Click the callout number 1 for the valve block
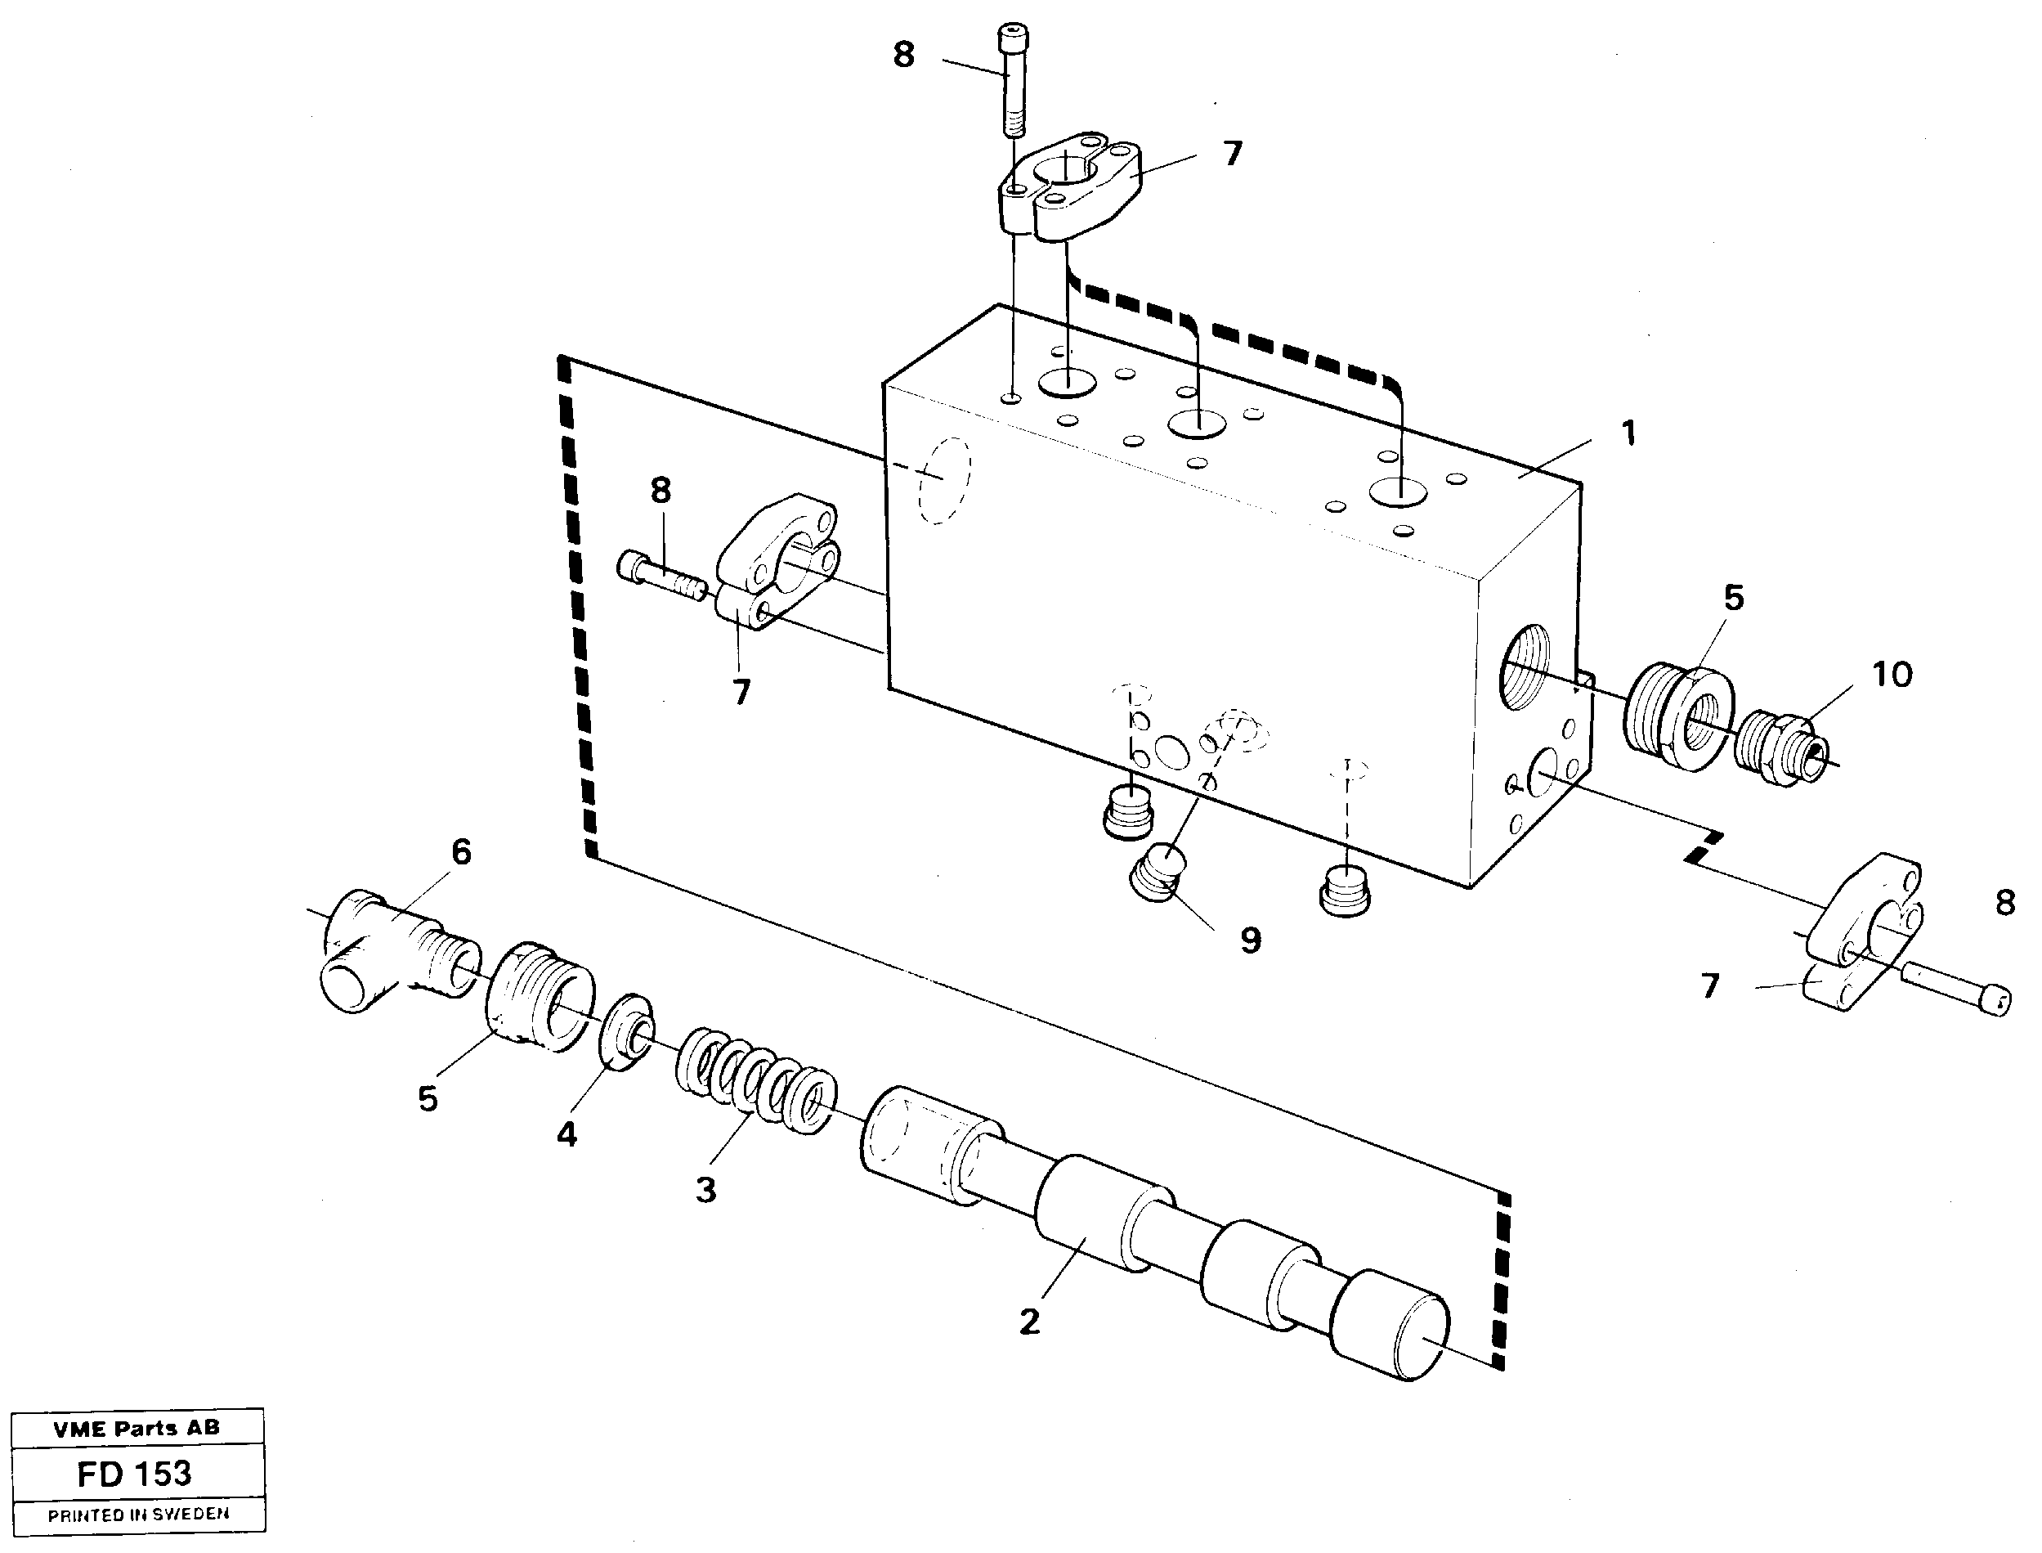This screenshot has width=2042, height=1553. [1629, 433]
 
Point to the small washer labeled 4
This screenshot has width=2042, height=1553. [629, 1033]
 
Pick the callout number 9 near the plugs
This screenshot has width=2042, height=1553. [1250, 941]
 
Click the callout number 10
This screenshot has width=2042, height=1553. [1892, 675]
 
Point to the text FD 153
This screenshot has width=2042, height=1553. [135, 1474]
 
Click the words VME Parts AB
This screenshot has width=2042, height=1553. [137, 1428]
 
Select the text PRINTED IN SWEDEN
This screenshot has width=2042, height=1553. [137, 1515]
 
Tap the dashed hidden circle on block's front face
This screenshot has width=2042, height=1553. [943, 482]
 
